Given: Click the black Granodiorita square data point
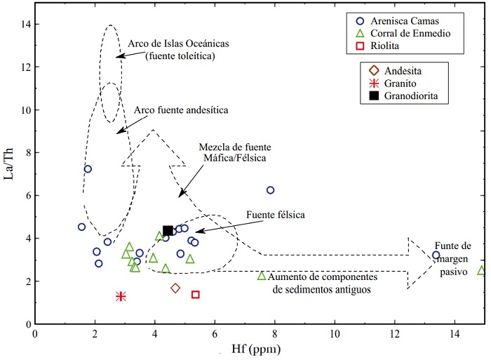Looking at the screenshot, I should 168,230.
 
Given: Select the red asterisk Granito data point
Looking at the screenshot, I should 121,296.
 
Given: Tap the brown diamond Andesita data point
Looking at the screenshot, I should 175,288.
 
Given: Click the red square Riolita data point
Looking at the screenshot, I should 196,295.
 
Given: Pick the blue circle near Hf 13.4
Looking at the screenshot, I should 436,255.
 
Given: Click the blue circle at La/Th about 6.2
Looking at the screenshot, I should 270,190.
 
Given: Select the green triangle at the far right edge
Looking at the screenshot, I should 482,270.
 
